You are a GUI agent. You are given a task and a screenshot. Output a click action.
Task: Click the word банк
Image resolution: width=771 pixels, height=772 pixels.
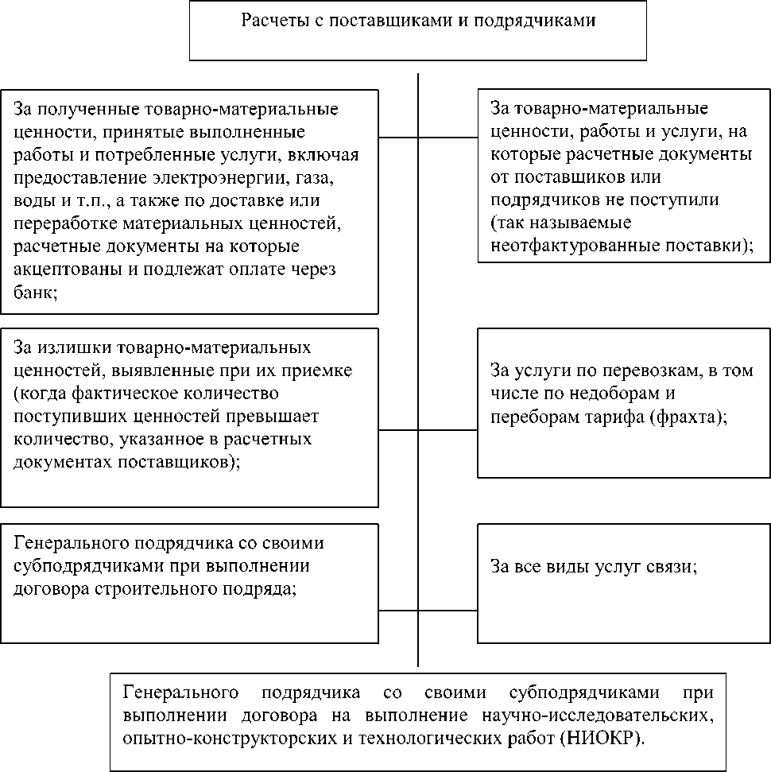coord(35,292)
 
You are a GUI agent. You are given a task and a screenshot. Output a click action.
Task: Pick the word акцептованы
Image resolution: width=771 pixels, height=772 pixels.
coord(61,269)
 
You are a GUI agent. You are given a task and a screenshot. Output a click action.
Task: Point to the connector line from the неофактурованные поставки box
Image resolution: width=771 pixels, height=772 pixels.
coord(447,138)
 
